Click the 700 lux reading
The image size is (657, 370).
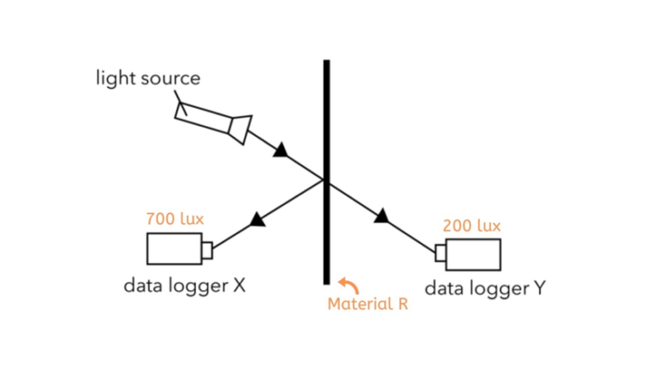click(175, 219)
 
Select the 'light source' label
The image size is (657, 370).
click(147, 79)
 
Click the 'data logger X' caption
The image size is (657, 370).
click(185, 285)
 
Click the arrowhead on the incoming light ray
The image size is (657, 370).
click(281, 151)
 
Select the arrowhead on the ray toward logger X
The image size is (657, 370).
click(255, 221)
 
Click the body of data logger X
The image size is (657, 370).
click(174, 248)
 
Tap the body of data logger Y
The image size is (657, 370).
click(473, 254)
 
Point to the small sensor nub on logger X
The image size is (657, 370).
click(206, 249)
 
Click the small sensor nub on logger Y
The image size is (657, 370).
click(441, 253)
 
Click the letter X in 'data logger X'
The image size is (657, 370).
click(240, 285)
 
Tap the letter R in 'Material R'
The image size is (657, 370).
click(402, 303)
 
